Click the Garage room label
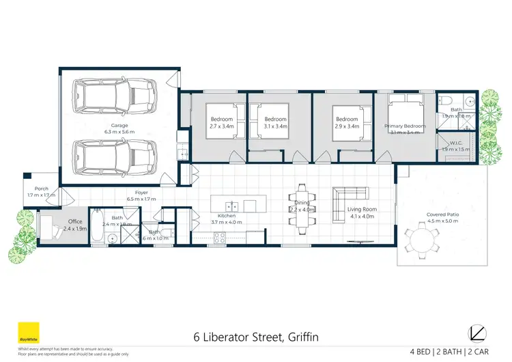(119, 127)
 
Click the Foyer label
(141, 195)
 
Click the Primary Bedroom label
(405, 126)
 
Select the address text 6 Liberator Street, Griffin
(255, 337)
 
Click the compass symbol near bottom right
(478, 333)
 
